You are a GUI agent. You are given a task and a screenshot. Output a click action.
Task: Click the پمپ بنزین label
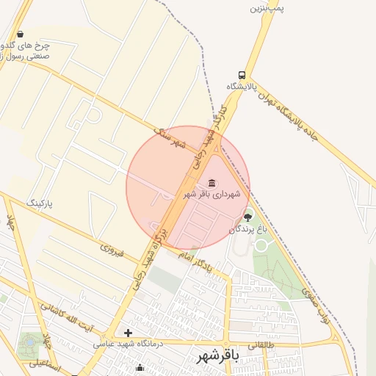266,7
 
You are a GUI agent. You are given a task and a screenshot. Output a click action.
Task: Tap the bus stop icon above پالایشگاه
242,75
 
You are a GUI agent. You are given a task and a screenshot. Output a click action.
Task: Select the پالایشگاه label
242,87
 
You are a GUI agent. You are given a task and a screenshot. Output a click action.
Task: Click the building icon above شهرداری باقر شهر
212,182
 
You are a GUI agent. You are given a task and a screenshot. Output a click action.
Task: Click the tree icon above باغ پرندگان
247,216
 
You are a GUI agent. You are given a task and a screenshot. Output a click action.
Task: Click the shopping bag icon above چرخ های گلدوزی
19,34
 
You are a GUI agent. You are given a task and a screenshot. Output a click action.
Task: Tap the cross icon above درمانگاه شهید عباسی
128,333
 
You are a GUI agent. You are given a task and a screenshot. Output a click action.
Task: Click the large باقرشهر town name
217,357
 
